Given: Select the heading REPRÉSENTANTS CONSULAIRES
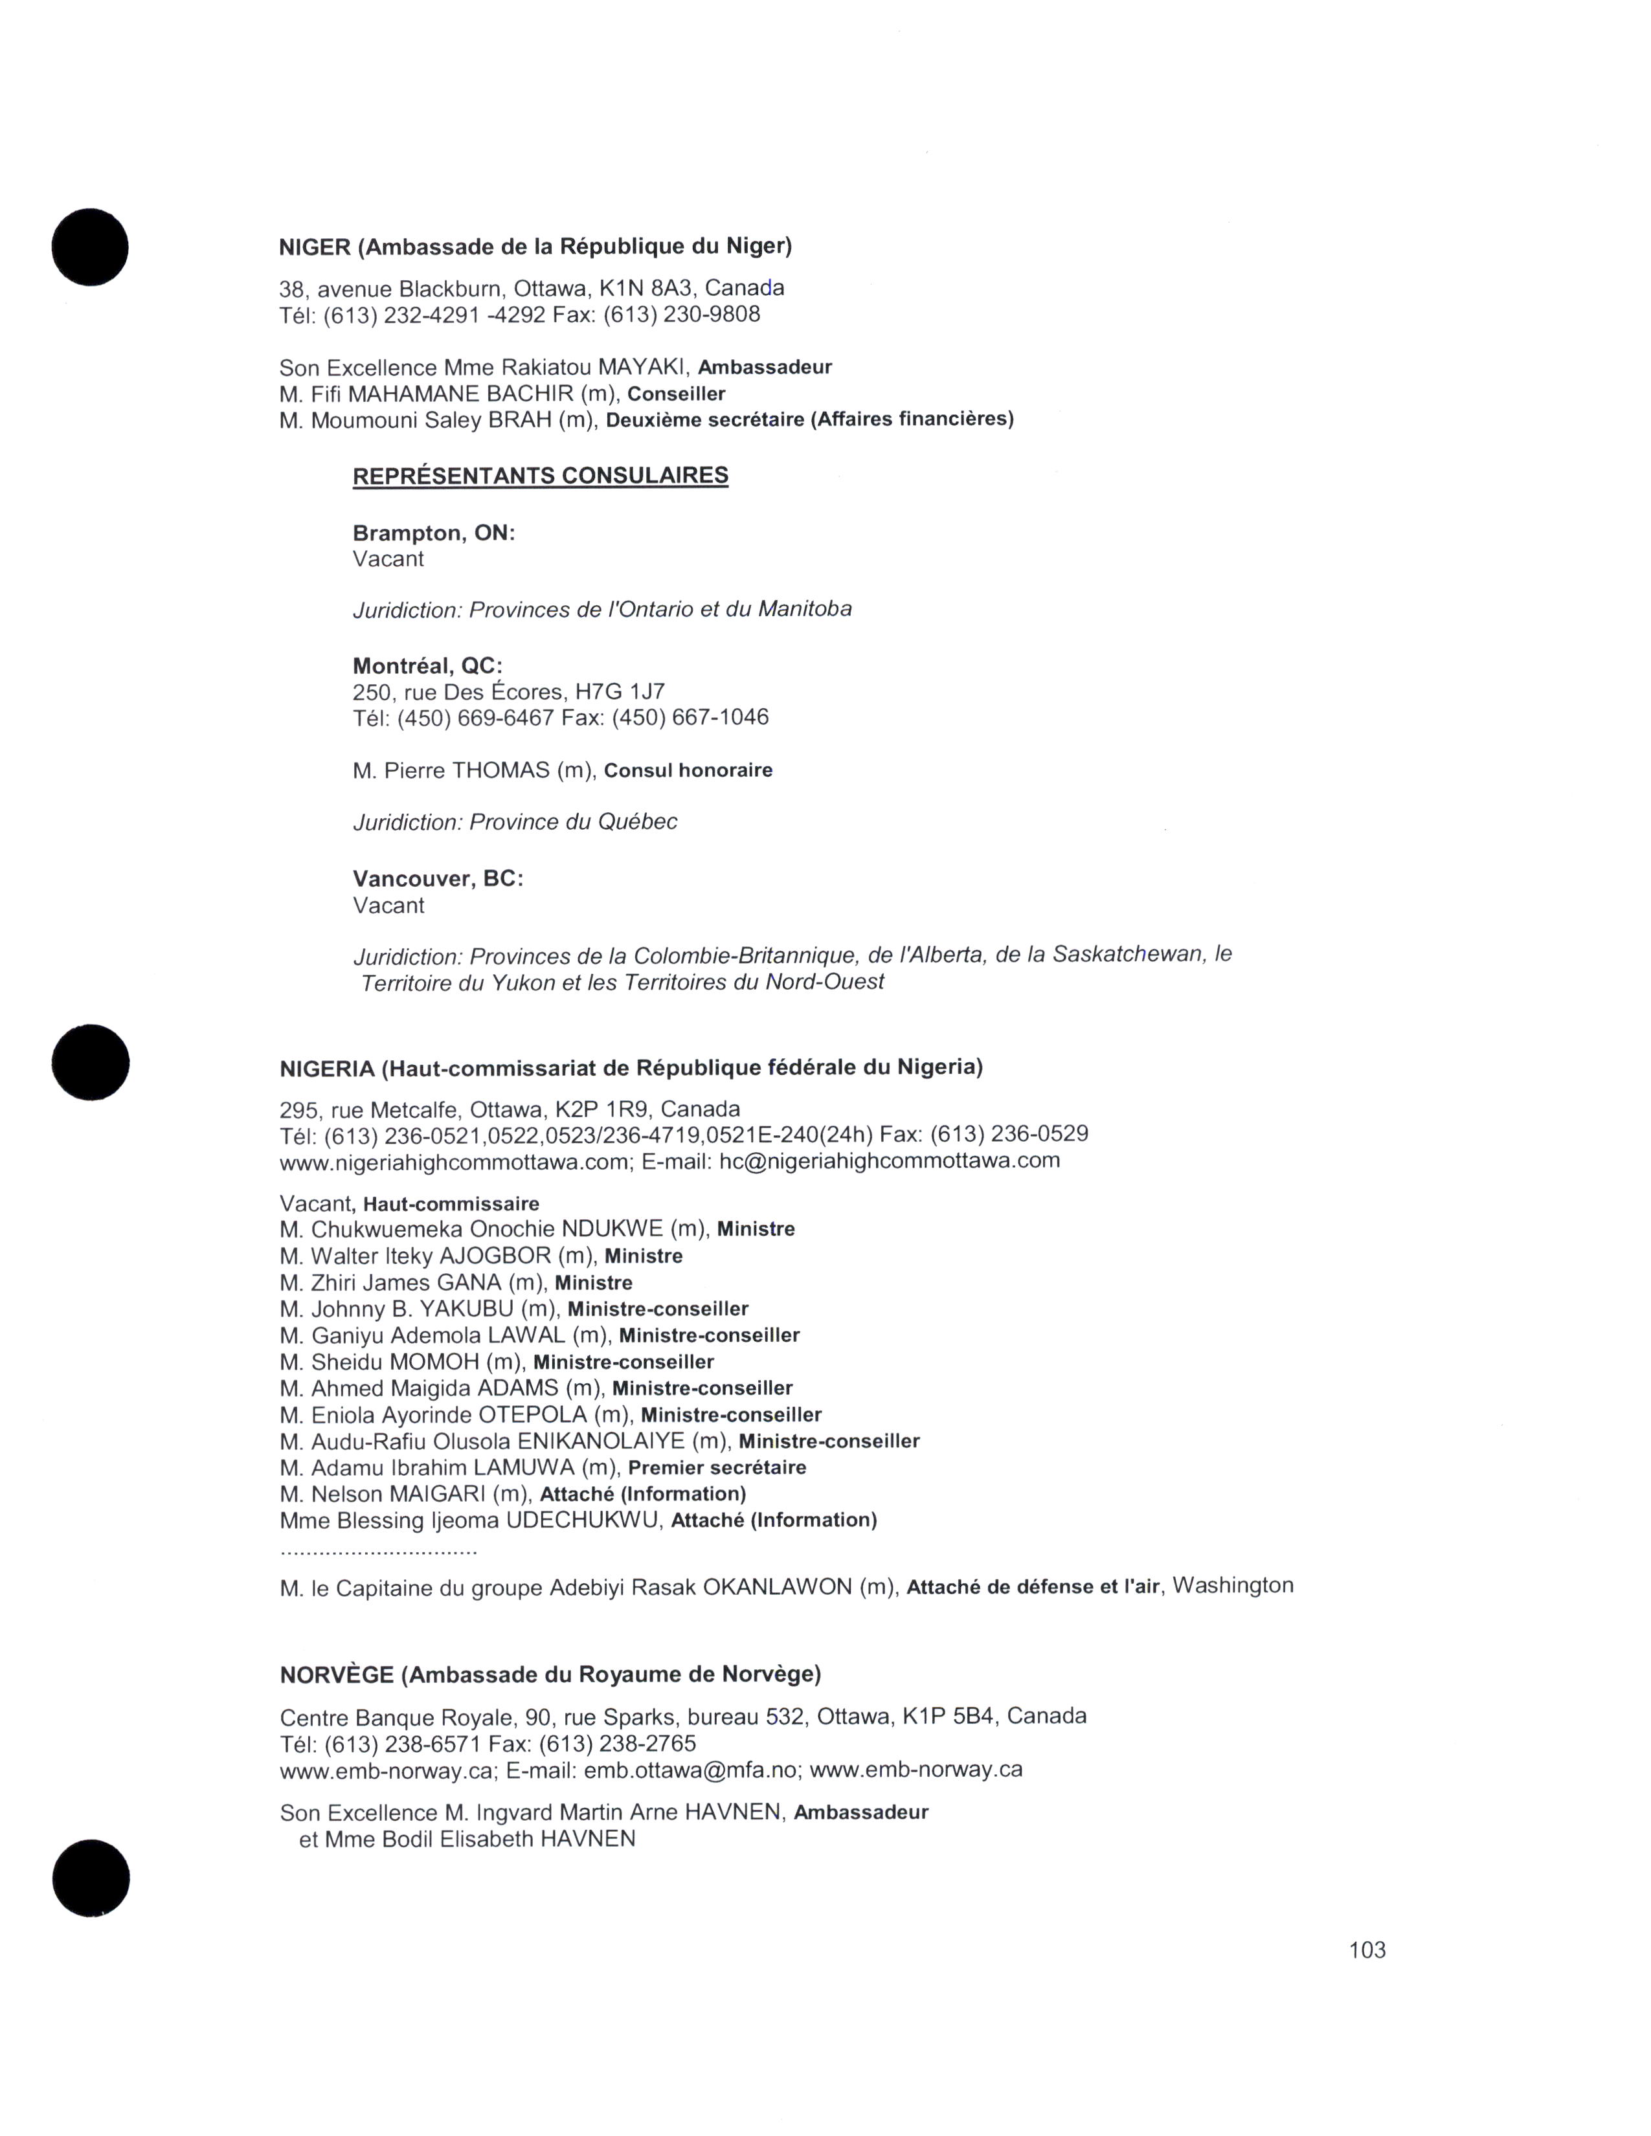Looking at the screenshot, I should click(x=540, y=476).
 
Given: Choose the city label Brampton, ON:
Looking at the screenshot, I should click(x=433, y=533).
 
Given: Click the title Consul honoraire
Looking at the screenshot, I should click(x=688, y=771).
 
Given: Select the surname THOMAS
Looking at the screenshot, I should click(x=500, y=771).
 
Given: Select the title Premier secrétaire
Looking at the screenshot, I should click(x=717, y=1468).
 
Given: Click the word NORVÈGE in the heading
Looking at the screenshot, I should click(x=335, y=1675).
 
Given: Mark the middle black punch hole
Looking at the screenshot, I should click(x=90, y=1062).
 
